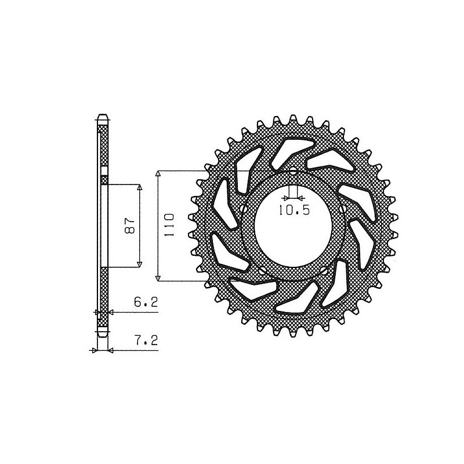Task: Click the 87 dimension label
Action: tap(129, 226)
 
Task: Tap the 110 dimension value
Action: tap(169, 224)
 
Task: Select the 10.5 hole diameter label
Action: tap(294, 210)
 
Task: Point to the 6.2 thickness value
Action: tap(146, 302)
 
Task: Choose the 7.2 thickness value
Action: tap(146, 340)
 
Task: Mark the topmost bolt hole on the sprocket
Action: tap(293, 171)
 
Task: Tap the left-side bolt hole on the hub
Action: tap(243, 209)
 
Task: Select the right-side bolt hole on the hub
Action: tap(342, 209)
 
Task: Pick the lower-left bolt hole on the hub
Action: tap(262, 270)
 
